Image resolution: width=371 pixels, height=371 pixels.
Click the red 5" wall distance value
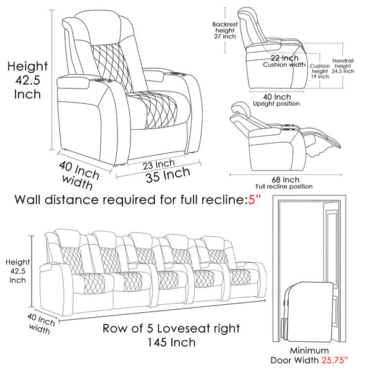254,200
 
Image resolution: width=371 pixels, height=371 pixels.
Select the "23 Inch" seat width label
159,164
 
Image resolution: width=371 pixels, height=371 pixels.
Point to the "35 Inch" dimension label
168,174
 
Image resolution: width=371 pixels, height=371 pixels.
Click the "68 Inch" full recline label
285,179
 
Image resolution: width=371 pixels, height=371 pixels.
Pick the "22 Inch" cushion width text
284,58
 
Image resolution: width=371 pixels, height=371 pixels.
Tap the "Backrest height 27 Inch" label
225,30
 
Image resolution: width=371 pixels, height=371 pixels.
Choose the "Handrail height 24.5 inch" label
343,66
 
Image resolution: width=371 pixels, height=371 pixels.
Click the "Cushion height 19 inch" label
320,71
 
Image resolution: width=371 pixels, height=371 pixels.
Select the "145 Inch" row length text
171,343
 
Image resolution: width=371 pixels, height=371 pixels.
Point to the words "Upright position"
276,104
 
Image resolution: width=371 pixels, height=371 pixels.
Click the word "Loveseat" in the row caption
184,328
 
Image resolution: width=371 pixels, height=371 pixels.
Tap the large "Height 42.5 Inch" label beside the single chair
27,80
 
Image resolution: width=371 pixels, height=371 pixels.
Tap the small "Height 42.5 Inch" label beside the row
17,271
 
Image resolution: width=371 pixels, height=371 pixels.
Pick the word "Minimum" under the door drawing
309,351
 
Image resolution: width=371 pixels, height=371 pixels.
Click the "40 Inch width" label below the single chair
78,175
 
